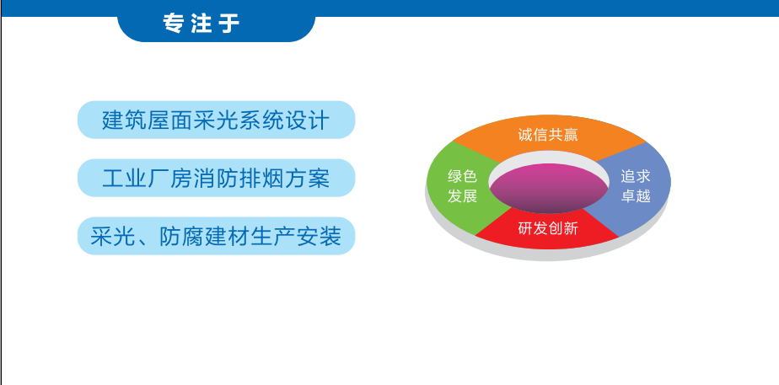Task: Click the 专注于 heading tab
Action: (216, 24)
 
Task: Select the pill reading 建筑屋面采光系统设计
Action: (216, 120)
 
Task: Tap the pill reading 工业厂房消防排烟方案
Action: (216, 178)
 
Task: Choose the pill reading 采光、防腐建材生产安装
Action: (216, 236)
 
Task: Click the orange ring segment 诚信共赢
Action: (549, 136)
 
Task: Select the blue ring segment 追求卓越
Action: (636, 186)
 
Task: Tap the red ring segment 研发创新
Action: (548, 229)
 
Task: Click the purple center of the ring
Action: (549, 189)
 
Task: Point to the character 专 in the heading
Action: (172, 24)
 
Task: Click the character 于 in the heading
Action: (230, 24)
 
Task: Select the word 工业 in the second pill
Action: (125, 179)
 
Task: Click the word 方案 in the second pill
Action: (308, 179)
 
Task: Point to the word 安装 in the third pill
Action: (320, 236)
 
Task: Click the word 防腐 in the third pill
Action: (182, 236)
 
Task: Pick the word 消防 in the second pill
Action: (216, 179)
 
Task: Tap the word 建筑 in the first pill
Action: (125, 120)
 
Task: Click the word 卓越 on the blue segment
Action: (636, 196)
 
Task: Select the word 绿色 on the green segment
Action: (463, 176)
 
